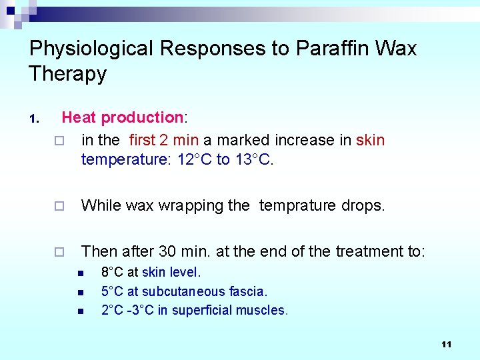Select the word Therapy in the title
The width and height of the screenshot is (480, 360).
tap(67, 73)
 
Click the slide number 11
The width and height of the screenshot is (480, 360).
tap(446, 344)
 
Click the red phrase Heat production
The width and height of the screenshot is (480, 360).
tap(123, 118)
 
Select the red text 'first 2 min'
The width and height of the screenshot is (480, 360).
tap(164, 140)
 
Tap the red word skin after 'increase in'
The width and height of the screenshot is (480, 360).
tap(371, 140)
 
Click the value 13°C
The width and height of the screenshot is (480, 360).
tap(254, 160)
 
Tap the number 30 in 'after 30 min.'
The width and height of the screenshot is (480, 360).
tap(167, 251)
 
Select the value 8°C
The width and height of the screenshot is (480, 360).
tap(111, 272)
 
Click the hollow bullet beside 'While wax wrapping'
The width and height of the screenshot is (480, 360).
tap(58, 206)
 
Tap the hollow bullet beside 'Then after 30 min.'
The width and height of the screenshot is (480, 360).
tap(58, 252)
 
